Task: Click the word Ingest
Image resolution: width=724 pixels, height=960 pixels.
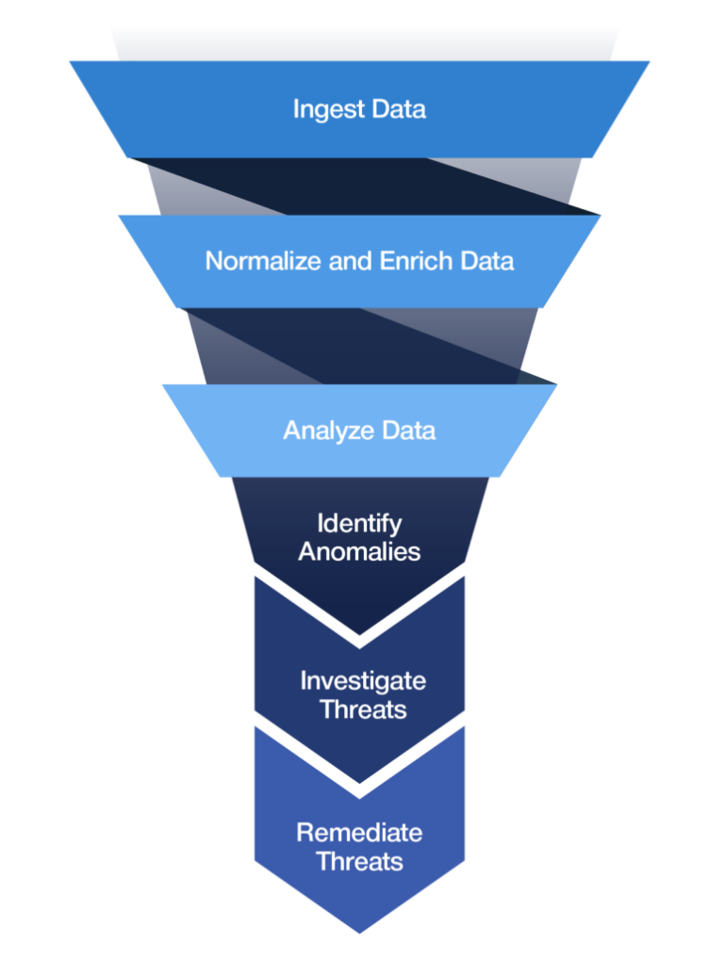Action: pos(324,109)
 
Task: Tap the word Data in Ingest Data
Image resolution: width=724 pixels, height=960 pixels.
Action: pos(398,109)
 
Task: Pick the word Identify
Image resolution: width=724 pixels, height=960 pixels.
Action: pos(359,523)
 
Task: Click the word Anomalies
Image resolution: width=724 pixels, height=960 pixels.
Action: pos(359,552)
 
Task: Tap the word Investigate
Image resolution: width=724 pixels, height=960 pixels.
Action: pos(363,680)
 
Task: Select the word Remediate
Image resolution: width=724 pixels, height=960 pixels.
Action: pos(359,833)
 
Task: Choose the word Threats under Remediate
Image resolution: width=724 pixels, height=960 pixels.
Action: pos(359,862)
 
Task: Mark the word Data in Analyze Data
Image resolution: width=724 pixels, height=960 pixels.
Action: pos(409,431)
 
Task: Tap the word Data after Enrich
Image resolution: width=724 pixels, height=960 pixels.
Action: pos(486,261)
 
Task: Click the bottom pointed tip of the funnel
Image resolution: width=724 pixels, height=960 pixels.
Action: pos(359,934)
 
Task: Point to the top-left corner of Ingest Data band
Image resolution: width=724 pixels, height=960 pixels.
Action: pos(70,62)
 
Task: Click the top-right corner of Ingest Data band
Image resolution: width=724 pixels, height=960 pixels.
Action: pos(650,62)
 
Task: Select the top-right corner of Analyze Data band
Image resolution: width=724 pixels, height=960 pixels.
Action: pos(556,384)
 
